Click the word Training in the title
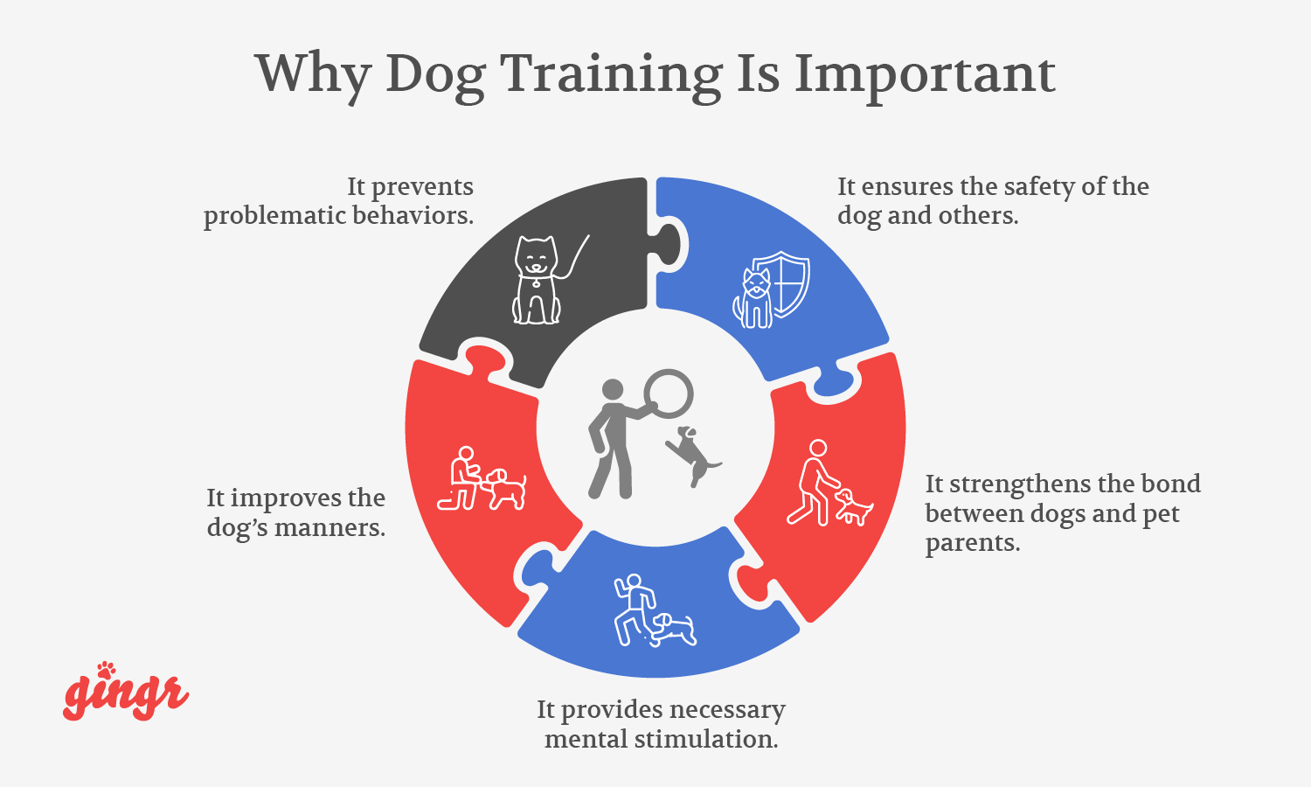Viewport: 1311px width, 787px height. click(610, 73)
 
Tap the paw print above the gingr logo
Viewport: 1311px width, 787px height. click(107, 669)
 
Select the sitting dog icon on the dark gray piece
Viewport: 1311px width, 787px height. click(536, 280)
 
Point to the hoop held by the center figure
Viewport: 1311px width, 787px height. click(669, 394)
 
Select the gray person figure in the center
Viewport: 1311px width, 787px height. click(611, 437)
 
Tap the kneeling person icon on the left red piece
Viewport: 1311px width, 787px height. click(461, 479)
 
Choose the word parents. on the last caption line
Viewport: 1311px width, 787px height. click(973, 543)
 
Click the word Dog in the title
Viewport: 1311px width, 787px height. click(434, 75)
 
